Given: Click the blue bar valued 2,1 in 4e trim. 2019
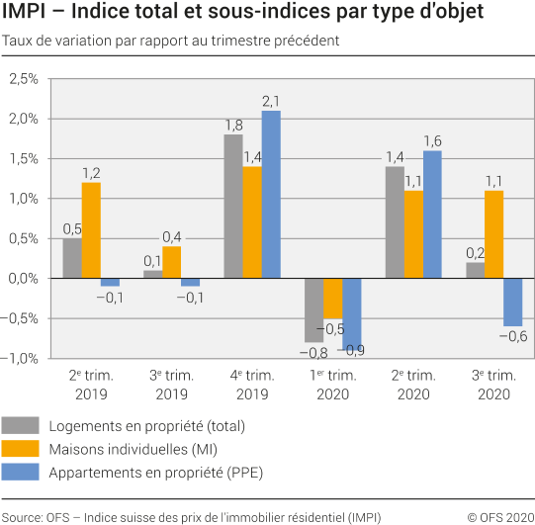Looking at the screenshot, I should pos(271,194).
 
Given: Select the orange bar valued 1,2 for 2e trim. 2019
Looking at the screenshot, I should pos(91,230).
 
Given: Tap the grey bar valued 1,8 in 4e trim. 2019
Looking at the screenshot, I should pos(233,206).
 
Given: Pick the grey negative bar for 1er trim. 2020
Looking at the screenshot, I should pos(314,309).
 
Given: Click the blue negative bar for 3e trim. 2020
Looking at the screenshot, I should pos(512,302).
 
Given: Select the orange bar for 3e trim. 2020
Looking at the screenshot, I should pos(493,234).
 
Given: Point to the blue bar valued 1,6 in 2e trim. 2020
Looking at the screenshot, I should pos(432,215).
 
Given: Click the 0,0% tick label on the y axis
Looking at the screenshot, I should pos(21,278).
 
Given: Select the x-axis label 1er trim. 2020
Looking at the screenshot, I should pos(332,384).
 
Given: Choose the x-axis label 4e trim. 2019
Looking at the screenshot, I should pos(251,384).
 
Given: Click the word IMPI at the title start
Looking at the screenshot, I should pos(23,14).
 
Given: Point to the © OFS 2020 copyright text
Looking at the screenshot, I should pos(498,516).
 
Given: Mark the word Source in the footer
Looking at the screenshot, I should pos(22,516).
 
